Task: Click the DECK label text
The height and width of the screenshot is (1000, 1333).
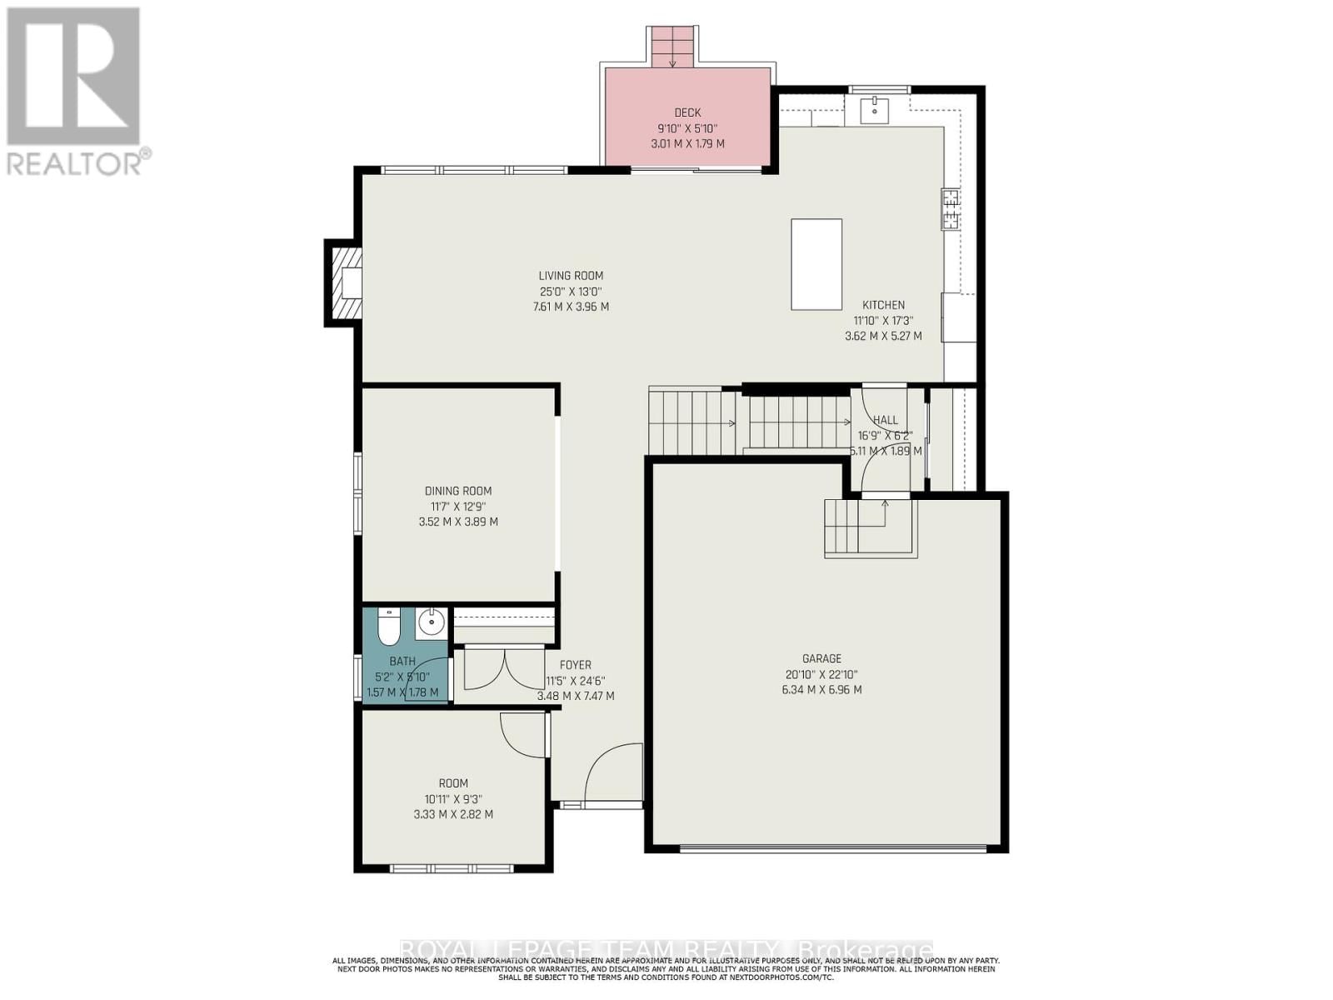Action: pos(687,112)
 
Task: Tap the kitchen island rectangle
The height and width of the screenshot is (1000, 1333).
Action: pos(816,264)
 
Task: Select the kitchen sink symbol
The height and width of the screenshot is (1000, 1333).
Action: pos(875,108)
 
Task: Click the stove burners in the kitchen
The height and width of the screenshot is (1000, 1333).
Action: pos(950,209)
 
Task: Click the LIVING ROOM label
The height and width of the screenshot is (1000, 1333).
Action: pos(571,276)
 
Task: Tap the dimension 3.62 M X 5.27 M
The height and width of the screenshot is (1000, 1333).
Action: pos(883,337)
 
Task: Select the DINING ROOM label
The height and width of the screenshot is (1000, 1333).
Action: pos(458,491)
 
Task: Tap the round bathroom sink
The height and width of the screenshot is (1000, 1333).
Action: pos(431,622)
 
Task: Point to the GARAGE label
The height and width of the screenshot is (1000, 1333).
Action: pos(821,658)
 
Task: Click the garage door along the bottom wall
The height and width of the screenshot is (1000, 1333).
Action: pos(833,848)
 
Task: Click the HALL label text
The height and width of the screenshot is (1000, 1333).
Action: pos(885,420)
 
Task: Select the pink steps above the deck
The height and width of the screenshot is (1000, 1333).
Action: pos(671,47)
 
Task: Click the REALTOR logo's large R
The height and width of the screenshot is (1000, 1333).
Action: pos(73,77)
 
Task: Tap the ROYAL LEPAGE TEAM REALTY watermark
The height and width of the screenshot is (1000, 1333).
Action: pos(666,951)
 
